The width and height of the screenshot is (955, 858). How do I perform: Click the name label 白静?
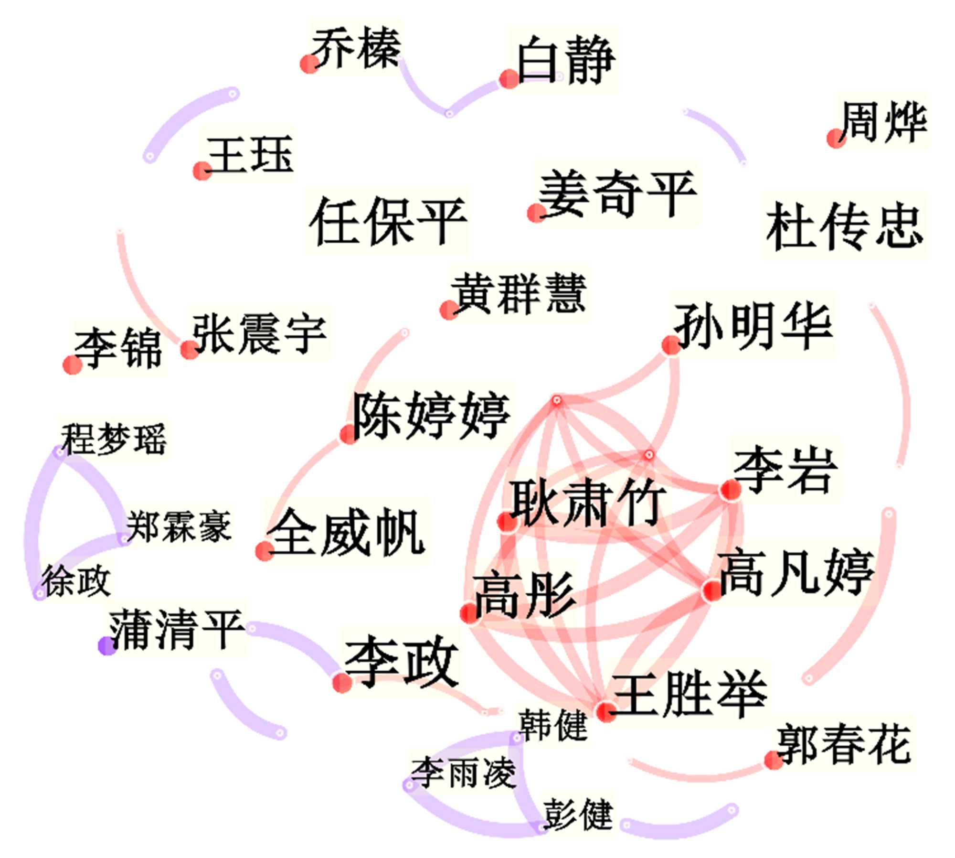point(566,61)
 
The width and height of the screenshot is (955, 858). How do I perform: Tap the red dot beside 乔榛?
point(309,64)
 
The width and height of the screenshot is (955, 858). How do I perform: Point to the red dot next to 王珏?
point(202,171)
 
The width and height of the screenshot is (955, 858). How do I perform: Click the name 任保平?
point(388,221)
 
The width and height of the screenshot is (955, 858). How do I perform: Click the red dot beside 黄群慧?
point(449,310)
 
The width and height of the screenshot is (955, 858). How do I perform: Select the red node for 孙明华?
point(671,345)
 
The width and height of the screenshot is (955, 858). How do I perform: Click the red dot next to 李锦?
point(73,365)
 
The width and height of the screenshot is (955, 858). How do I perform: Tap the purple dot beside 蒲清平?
point(107,645)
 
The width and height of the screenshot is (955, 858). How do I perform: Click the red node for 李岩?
point(730,490)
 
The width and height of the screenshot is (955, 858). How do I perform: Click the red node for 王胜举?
point(606,712)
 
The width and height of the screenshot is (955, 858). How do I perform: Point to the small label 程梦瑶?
point(114,439)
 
